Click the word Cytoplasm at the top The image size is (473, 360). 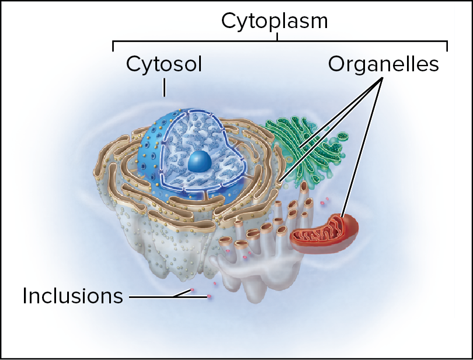coord(274,21)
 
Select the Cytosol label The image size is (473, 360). coord(164,64)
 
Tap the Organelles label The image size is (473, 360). coord(383,64)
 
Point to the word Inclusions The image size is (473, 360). coord(72,296)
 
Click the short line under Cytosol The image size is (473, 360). coord(165,88)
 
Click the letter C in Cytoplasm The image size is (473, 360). coord(229,22)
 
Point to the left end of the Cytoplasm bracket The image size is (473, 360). coord(113,46)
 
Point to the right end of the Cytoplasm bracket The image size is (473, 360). coord(447,46)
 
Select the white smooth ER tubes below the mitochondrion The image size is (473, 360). coord(257,275)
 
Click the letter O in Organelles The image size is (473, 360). coord(337,64)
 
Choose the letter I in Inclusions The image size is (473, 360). coord(26,296)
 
